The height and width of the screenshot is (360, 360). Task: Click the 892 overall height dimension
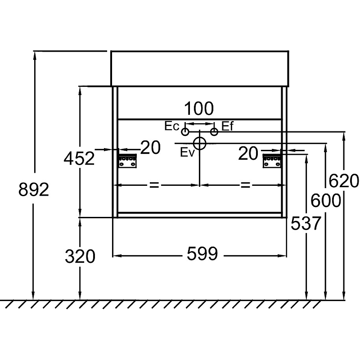point(33,190)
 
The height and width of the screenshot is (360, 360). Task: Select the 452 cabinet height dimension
point(79,158)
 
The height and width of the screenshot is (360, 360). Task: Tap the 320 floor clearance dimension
point(80,256)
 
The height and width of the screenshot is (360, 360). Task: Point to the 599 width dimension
point(202,255)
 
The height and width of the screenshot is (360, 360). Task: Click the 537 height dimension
point(306,223)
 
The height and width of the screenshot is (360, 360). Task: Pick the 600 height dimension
point(325,201)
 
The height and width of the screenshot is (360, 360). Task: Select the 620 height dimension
point(344,180)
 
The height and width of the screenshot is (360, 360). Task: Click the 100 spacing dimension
point(199,108)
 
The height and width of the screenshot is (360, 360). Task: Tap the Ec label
point(172,126)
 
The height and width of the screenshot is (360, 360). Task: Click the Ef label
point(227,126)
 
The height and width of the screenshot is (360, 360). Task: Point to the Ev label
point(187,153)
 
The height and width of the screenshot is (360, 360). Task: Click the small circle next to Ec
point(185,132)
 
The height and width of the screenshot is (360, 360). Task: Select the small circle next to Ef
point(214,131)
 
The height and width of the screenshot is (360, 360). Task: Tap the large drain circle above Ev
point(200,144)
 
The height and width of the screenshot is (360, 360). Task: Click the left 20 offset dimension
point(151,147)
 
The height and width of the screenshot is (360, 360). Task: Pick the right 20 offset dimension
point(248,153)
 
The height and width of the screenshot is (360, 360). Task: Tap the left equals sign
point(154,185)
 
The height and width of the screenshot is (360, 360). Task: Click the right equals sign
point(245,185)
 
